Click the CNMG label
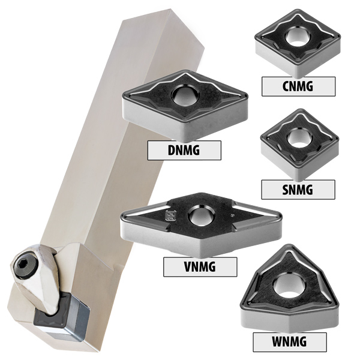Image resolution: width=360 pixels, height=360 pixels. click(298, 86)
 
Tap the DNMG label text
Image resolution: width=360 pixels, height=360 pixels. click(184, 150)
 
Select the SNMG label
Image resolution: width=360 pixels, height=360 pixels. click(298, 190)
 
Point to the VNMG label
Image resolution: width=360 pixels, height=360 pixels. click(200, 266)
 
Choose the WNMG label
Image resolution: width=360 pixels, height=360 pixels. click(289, 342)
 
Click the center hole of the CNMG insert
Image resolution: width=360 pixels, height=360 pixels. click(298, 37)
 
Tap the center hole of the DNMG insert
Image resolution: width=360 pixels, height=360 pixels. click(185, 95)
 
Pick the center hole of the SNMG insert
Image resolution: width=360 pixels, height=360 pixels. click(300, 138)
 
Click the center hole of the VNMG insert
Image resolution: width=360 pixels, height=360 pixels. click(201, 216)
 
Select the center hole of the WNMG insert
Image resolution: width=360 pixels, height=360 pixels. click(289, 286)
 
